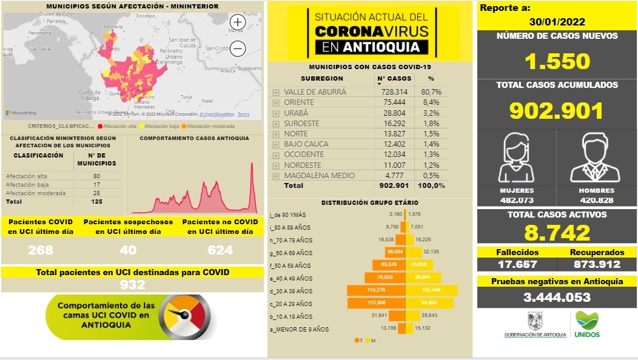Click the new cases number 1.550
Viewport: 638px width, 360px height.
pyautogui.click(x=557, y=61)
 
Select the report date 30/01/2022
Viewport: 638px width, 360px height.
pyautogui.click(x=557, y=22)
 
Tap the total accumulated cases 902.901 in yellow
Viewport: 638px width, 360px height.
pyautogui.click(x=557, y=111)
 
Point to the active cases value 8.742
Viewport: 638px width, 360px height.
pyautogui.click(x=557, y=233)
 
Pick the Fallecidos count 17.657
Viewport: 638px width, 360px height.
pyautogui.click(x=517, y=264)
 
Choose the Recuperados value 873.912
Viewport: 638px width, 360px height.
pyautogui.click(x=596, y=264)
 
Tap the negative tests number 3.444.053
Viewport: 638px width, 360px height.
pyautogui.click(x=557, y=297)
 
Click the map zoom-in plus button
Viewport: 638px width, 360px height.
pyautogui.click(x=238, y=22)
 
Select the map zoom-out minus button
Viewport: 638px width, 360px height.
pyautogui.click(x=238, y=48)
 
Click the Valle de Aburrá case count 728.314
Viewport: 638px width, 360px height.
pyautogui.click(x=394, y=92)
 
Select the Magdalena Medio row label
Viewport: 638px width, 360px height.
pyautogui.click(x=319, y=175)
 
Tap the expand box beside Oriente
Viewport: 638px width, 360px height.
pyautogui.click(x=276, y=102)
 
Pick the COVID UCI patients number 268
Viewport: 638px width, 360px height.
pyautogui.click(x=41, y=250)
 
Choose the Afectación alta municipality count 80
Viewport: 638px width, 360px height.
pyautogui.click(x=96, y=176)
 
